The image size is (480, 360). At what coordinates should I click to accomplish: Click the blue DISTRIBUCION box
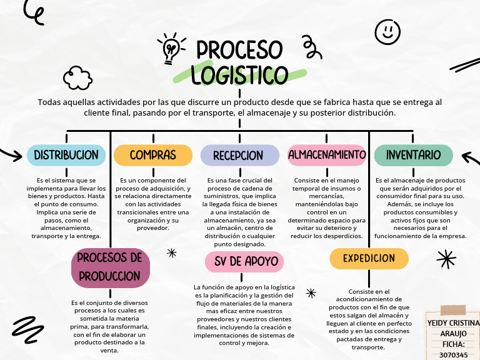click(x=66, y=155)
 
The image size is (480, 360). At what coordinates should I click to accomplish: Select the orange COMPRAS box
click(x=152, y=155)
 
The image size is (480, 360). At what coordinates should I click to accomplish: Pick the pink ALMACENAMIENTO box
click(x=326, y=155)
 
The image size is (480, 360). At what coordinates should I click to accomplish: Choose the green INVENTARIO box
click(x=413, y=155)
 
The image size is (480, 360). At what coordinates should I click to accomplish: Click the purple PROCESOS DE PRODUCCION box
click(x=110, y=266)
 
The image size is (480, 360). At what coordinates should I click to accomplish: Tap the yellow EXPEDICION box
click(x=369, y=258)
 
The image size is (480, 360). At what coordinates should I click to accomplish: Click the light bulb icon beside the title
click(x=171, y=49)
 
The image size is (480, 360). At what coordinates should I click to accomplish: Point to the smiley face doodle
click(x=387, y=31)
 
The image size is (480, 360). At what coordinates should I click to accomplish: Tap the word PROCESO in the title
click(x=239, y=50)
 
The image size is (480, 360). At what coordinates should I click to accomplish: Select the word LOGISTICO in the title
click(x=239, y=75)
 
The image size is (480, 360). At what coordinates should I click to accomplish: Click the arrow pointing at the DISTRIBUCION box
click(x=11, y=154)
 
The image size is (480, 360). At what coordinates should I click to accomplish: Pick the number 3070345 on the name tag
click(x=453, y=354)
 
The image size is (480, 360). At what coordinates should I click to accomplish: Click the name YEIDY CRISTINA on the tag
click(x=453, y=322)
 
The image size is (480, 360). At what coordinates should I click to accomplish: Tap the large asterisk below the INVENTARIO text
click(x=446, y=258)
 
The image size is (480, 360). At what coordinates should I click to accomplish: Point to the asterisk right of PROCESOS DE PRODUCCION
click(x=171, y=252)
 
